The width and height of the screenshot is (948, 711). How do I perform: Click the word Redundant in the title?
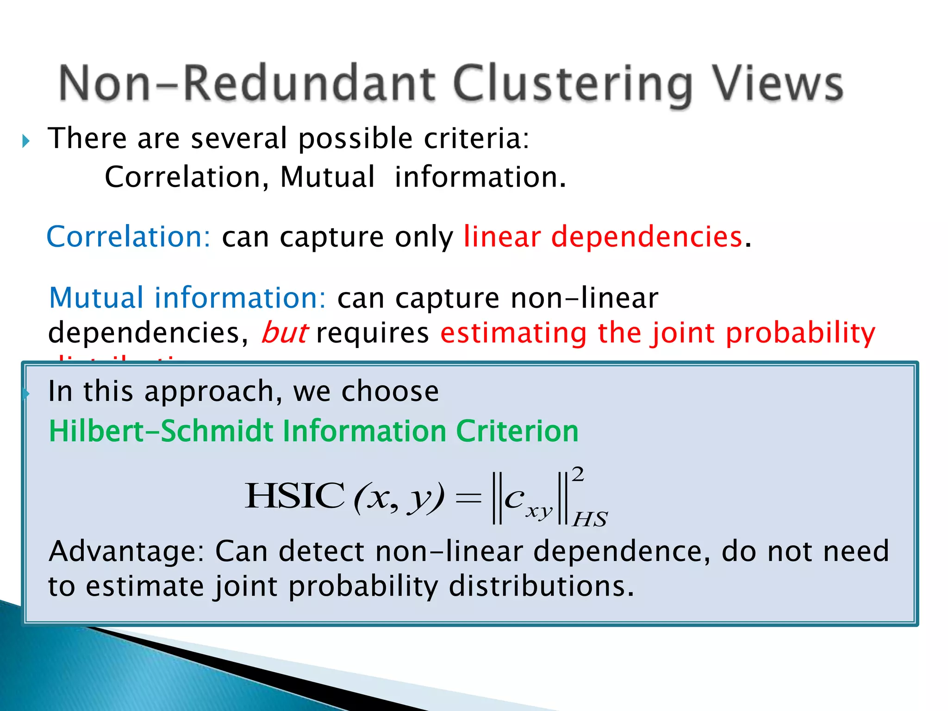[x=310, y=83]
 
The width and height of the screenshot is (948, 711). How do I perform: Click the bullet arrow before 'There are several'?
[x=26, y=141]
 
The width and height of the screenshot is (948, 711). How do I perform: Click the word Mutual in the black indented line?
[x=327, y=177]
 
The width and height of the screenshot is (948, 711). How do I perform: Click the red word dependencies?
[x=647, y=237]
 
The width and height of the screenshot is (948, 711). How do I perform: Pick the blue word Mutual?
[x=96, y=298]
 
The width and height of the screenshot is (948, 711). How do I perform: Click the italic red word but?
[x=284, y=333]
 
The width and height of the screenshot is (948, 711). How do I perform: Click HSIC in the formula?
[x=295, y=496]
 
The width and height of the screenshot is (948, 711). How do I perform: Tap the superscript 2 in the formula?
[x=578, y=474]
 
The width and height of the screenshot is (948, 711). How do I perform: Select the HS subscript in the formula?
[x=590, y=519]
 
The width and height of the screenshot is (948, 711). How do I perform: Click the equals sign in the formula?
[x=468, y=498]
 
